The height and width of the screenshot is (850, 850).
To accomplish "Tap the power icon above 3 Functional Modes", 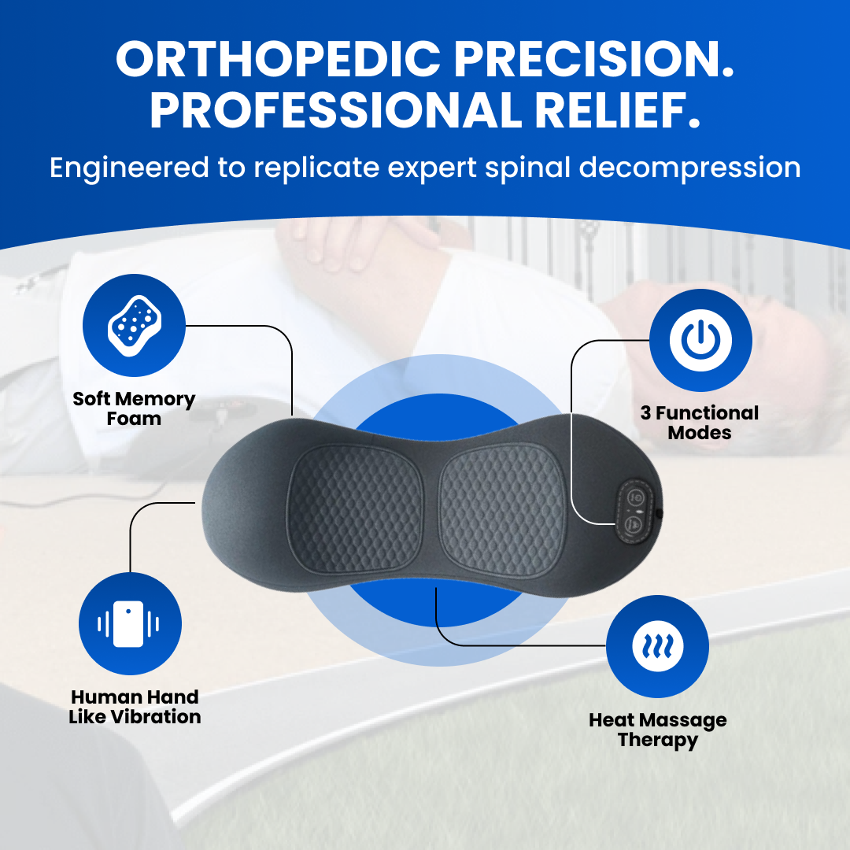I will coord(700,340).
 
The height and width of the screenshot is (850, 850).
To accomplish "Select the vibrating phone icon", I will coord(129,624).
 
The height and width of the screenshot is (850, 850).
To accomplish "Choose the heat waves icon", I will coord(657,647).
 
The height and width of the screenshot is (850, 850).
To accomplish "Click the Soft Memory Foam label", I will coord(134,408).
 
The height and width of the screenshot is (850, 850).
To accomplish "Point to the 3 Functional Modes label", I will coord(700,423).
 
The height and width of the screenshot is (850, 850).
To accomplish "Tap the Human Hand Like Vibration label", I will coord(135,707).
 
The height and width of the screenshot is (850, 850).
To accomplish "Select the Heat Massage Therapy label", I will coord(658,730).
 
